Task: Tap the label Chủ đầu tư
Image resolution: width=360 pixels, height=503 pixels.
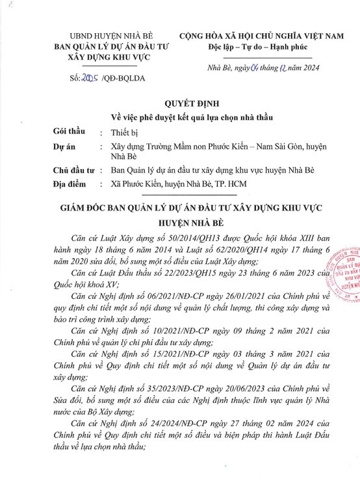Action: [73, 171]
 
